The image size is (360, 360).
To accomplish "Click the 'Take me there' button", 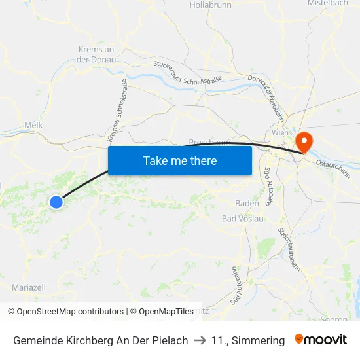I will [180, 160].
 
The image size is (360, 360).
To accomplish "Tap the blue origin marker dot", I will [56, 202].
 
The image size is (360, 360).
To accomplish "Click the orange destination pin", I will [304, 142].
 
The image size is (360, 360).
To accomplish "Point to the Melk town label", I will [33, 124].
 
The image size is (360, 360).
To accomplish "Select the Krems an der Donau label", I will [96, 54].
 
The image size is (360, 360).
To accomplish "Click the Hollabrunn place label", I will [210, 5].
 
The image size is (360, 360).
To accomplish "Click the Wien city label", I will [280, 132].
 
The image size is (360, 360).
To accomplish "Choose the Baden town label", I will [247, 204].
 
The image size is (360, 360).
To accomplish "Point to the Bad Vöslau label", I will [243, 219].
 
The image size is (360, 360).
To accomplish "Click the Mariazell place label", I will [29, 287].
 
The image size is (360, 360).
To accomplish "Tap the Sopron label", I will [335, 319].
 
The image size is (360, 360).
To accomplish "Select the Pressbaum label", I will [207, 142].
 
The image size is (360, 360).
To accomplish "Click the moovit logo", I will [321, 340].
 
